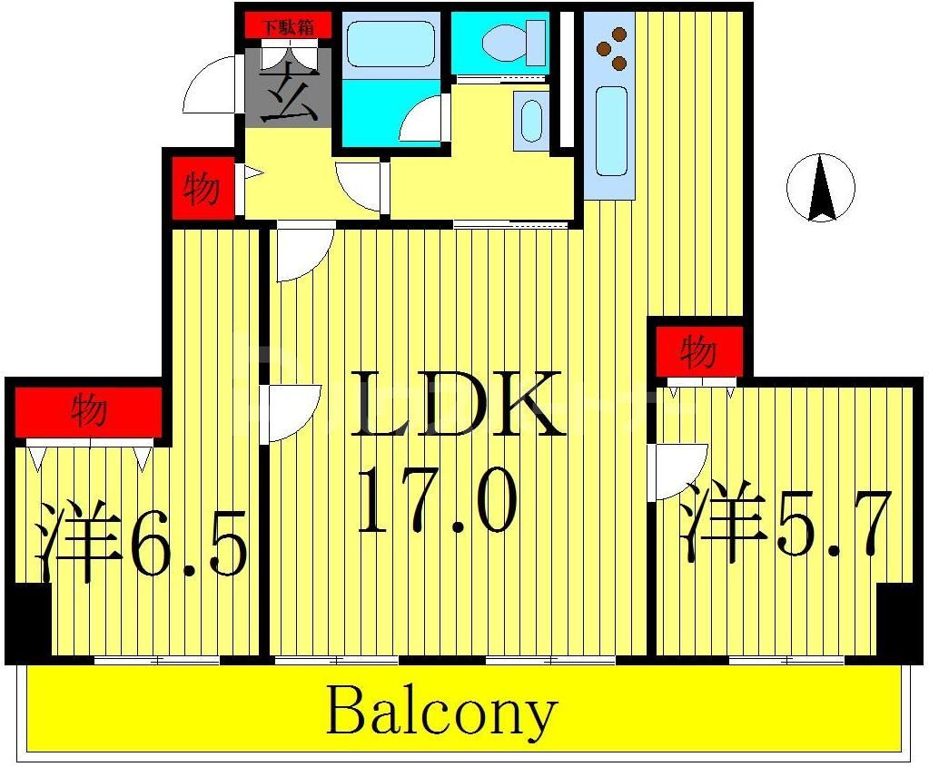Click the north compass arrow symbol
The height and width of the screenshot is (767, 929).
click(x=821, y=188)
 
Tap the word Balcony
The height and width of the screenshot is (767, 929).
click(x=440, y=711)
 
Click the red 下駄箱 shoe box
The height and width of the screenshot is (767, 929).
click(x=289, y=26)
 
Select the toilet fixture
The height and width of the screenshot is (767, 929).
click(x=501, y=42)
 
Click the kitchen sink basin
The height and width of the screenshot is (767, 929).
click(x=612, y=131)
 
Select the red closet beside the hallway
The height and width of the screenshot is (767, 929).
click(x=201, y=189)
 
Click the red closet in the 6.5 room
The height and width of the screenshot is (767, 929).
click(x=88, y=412)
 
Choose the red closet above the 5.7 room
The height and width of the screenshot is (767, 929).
click(x=698, y=351)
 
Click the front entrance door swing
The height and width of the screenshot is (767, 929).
click(x=212, y=87)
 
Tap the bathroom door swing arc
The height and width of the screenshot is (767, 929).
click(x=424, y=121)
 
